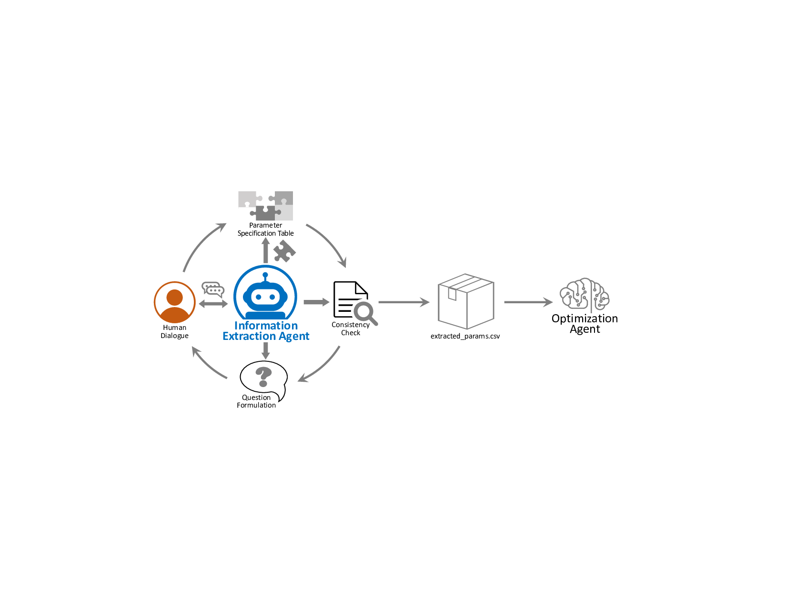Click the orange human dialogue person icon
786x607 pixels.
point(175,302)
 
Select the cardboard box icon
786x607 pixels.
point(465,301)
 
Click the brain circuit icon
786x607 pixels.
point(584,295)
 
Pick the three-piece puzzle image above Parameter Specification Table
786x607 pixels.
point(265,206)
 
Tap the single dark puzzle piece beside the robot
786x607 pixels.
point(284,251)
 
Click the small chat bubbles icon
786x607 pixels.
point(213,289)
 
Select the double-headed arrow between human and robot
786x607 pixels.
point(213,304)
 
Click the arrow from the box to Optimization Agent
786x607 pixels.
point(528,302)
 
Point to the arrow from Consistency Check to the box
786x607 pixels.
point(403,302)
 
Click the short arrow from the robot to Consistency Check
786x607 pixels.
point(316,302)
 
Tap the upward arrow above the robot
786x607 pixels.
point(266,250)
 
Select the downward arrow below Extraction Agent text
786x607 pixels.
point(266,350)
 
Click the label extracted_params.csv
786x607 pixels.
point(465,336)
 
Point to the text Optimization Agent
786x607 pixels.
point(584,324)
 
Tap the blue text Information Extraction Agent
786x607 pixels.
point(266,331)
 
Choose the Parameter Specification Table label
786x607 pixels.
point(265,229)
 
